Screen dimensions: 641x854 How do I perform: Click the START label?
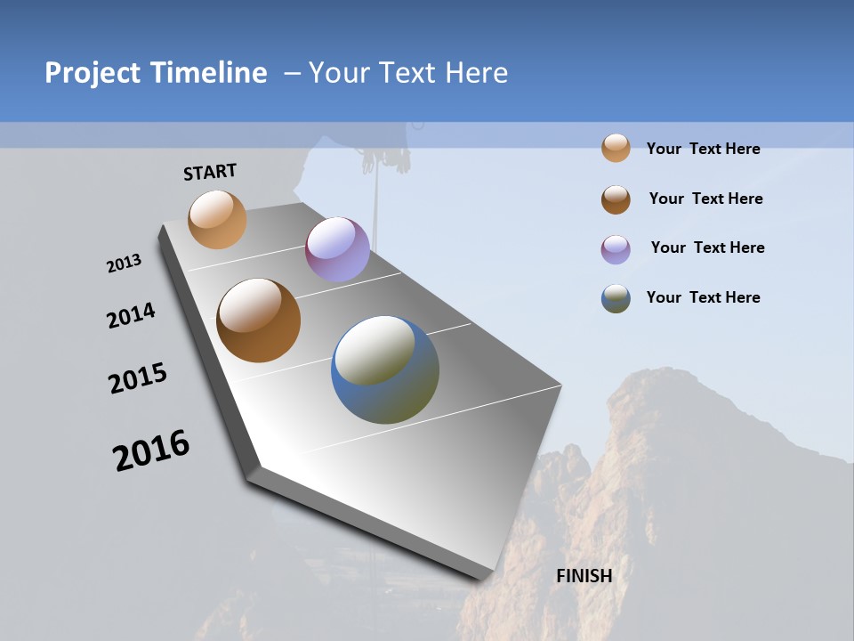(x=210, y=172)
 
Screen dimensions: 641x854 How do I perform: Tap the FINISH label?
(x=584, y=576)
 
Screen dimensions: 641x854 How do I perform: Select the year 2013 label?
(x=124, y=264)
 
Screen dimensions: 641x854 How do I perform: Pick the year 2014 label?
(x=132, y=316)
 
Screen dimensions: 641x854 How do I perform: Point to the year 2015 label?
(x=138, y=378)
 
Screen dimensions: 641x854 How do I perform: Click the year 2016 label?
(x=151, y=450)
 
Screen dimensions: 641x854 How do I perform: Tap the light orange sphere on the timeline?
(x=217, y=219)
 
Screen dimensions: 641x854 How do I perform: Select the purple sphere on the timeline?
(x=337, y=249)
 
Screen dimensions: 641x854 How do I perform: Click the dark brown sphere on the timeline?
(x=258, y=320)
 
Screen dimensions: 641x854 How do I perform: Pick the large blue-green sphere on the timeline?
(x=385, y=369)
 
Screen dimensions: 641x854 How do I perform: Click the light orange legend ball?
(x=616, y=149)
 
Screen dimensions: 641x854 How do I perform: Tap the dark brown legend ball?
(x=616, y=199)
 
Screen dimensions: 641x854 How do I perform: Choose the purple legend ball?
(x=616, y=249)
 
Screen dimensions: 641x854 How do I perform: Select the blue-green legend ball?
(x=616, y=299)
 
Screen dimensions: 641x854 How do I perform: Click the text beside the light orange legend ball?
(x=703, y=149)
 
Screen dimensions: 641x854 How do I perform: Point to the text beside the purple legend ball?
(x=707, y=247)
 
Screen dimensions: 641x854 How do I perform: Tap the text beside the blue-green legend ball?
(x=703, y=297)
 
